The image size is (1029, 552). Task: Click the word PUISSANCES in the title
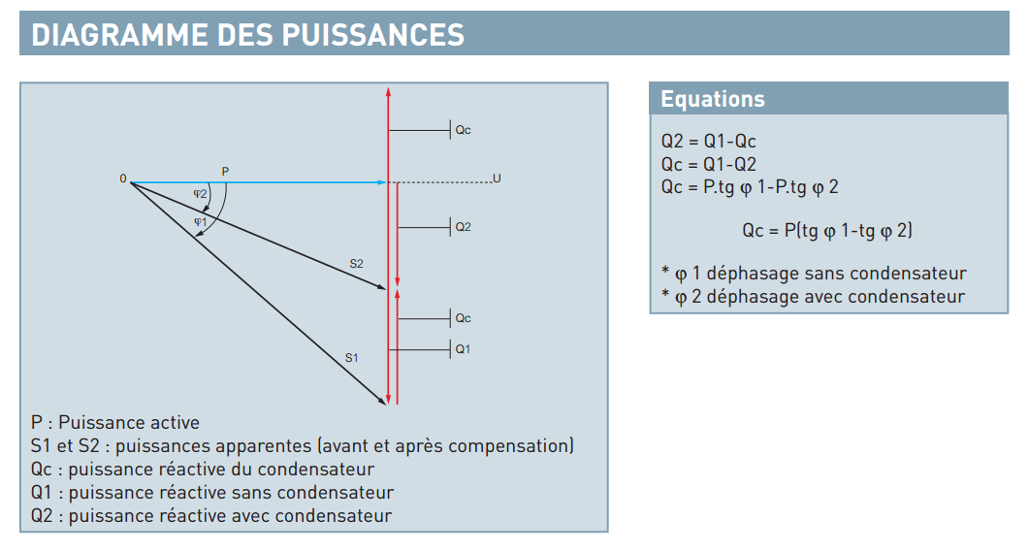pos(372,35)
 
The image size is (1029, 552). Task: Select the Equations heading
pos(712,99)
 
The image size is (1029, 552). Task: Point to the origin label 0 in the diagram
pos(123,179)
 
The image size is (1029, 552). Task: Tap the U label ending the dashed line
pos(497,179)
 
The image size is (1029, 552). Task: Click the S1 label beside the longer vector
pos(352,358)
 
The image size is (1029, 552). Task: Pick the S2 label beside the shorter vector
pos(356,263)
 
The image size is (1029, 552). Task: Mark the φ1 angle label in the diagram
pos(200,221)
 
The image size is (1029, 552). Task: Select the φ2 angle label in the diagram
pos(200,193)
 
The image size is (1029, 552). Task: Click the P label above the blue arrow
pos(225,171)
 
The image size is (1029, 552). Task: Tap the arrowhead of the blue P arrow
pos(383,182)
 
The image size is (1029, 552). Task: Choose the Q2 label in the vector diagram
pos(463,227)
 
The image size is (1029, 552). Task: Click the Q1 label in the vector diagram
pos(463,349)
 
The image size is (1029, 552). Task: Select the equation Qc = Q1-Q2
pos(708,164)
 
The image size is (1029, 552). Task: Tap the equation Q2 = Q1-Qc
pos(708,142)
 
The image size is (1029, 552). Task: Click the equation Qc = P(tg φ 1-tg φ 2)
pos(827,231)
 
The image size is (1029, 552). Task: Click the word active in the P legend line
pos(175,423)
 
